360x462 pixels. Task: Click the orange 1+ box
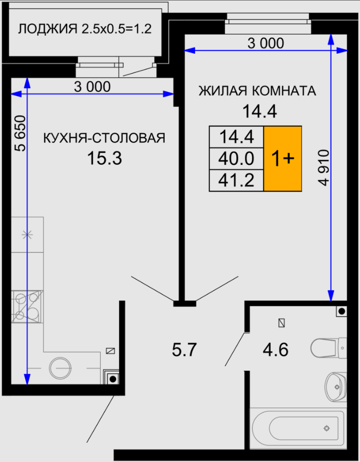point(283,159)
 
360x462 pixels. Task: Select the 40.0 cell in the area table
point(236,159)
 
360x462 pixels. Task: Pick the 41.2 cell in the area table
point(236,180)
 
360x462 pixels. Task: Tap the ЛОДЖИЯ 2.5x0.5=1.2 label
point(85,29)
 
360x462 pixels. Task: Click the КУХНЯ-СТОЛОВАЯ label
point(104,138)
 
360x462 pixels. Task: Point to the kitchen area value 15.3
point(104,158)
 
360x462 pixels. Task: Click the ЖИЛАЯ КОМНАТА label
point(257,91)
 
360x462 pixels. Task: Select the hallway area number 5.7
point(184,350)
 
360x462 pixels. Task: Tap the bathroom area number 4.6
point(276,350)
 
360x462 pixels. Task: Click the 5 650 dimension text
point(20,133)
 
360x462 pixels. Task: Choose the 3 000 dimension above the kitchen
point(92,87)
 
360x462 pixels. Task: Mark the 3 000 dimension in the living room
point(266,43)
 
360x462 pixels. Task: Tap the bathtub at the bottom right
point(297,428)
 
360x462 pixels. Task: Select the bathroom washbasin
point(336,386)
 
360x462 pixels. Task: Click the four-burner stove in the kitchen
point(27,307)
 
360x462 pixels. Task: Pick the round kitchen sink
point(60,369)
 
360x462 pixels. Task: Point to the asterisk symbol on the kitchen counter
point(27,235)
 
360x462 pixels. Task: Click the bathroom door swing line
point(235,349)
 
